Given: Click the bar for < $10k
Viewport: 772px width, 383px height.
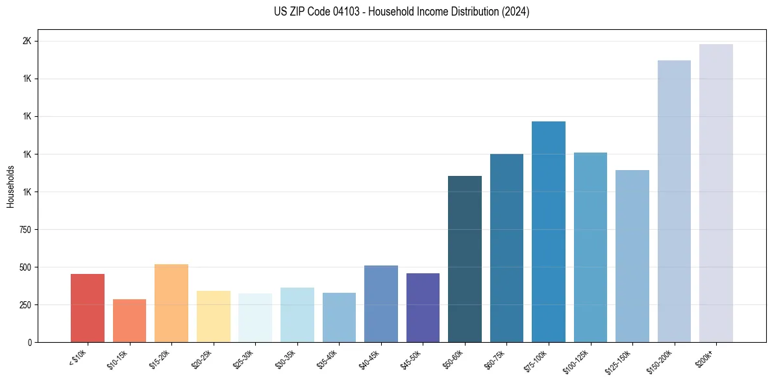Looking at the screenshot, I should tap(88, 308).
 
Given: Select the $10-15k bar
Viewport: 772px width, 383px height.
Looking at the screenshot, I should tap(129, 321).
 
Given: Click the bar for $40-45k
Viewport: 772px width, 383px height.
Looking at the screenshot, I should tap(381, 304).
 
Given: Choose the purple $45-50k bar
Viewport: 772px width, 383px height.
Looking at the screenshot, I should tap(423, 308).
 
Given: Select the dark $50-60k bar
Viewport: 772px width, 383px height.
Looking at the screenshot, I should tap(465, 259).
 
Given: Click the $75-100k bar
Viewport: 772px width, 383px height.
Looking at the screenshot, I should tap(549, 232).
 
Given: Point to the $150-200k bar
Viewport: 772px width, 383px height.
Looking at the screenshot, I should tap(674, 201).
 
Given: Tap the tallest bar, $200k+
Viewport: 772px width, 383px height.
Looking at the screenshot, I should tap(716, 193).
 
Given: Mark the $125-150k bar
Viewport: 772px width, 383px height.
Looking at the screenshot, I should tap(632, 256).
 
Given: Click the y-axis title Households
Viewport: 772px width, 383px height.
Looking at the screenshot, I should tap(10, 186).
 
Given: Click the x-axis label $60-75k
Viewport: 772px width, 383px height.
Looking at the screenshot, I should tap(495, 358).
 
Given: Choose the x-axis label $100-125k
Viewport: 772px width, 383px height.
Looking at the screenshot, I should tap(576, 360).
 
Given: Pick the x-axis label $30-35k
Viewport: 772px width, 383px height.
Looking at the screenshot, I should tap(285, 358).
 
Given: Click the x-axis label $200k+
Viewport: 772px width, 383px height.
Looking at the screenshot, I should tap(705, 356).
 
